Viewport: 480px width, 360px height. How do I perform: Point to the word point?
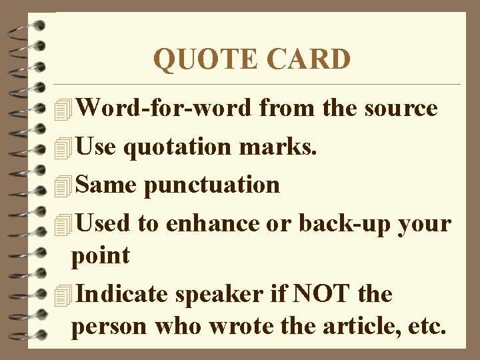pyautogui.click(x=101, y=255)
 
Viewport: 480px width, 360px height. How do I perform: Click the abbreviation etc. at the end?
pyautogui.click(x=428, y=327)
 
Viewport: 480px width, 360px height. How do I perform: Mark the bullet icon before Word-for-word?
pyautogui.click(x=64, y=109)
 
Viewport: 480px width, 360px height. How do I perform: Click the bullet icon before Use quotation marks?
pyautogui.click(x=64, y=147)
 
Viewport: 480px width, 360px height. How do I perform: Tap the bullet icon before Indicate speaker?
pyautogui.click(x=64, y=294)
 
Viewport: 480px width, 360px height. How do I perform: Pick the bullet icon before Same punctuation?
pyautogui.click(x=64, y=185)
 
